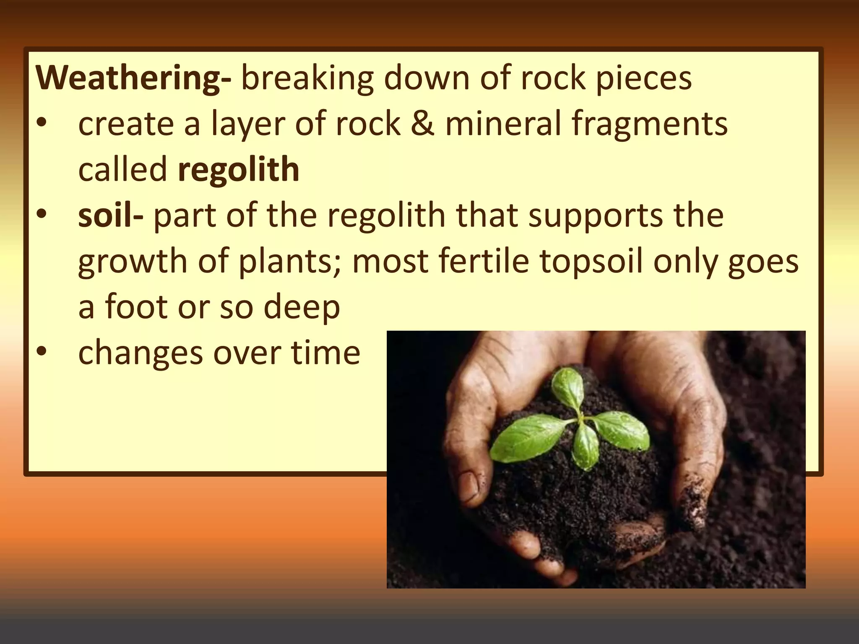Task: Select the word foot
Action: pyautogui.click(x=136, y=306)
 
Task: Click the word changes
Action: pyautogui.click(x=141, y=353)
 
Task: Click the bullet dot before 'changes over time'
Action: pyautogui.click(x=42, y=351)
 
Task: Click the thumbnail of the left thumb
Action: pyautogui.click(x=469, y=486)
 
